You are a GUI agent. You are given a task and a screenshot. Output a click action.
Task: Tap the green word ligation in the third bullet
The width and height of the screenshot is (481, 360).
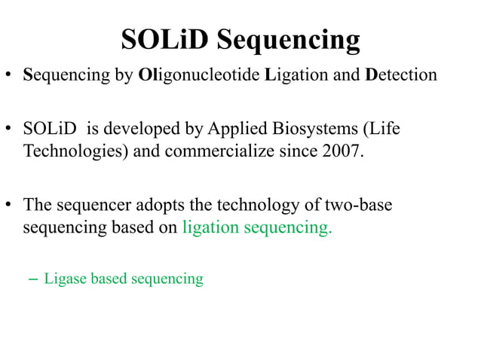tap(210, 227)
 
